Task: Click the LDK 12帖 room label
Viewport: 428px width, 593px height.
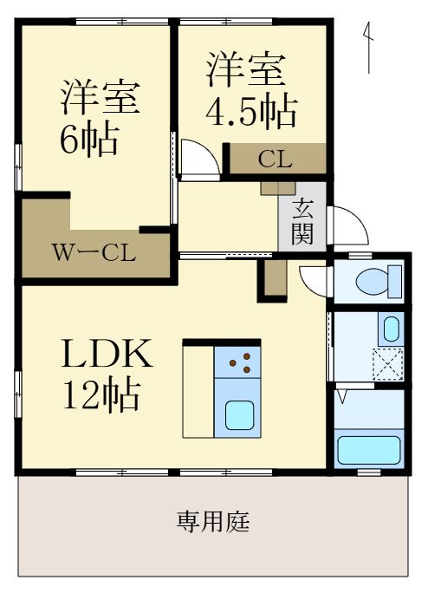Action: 107,374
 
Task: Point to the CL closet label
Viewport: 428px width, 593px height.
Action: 275,160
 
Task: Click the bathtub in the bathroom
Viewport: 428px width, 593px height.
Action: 368,450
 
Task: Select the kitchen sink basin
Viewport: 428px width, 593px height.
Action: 237,414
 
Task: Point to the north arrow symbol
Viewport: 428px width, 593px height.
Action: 368,48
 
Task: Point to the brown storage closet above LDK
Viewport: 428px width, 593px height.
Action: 275,279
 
